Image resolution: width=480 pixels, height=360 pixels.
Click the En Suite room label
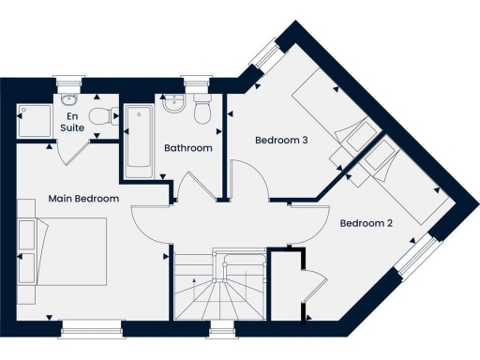[71, 120]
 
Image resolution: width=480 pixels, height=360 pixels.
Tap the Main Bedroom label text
[84, 199]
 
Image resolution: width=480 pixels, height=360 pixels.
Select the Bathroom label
[188, 148]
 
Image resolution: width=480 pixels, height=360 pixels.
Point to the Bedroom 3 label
[282, 141]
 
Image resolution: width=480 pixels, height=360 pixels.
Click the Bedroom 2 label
[366, 223]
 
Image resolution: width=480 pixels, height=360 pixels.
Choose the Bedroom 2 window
[420, 255]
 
